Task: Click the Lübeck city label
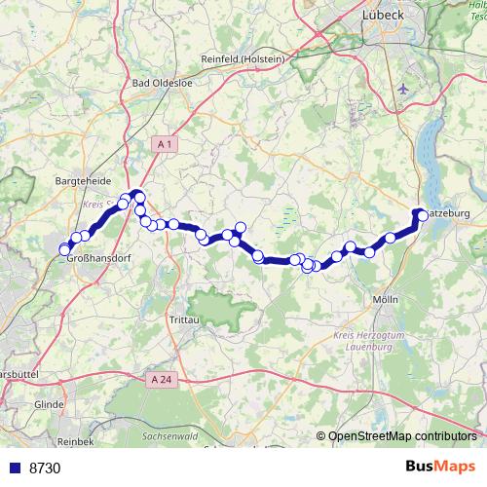(x=382, y=15)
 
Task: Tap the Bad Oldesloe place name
(x=163, y=83)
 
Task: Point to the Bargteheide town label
(x=85, y=181)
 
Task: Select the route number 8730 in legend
(x=45, y=468)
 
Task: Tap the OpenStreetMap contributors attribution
(x=402, y=436)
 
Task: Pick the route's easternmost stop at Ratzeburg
(x=420, y=213)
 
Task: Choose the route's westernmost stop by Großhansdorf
(x=65, y=249)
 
